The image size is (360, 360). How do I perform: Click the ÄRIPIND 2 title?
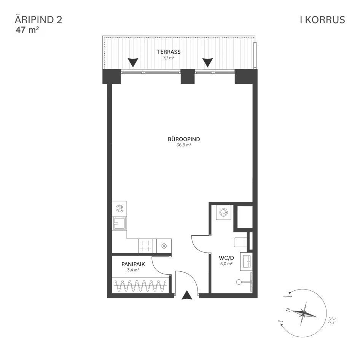pos(38,20)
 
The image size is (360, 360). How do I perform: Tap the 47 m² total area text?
pos(27,30)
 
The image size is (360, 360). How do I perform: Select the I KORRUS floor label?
pos(322,20)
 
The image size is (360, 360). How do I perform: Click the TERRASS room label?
pos(169,52)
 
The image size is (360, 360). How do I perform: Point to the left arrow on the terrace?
pos(133,62)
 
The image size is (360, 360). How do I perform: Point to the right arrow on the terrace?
pos(207,62)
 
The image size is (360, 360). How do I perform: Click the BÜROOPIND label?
pos(184,139)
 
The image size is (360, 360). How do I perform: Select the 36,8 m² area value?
pos(184,145)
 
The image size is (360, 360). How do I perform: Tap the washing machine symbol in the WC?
pos(223,212)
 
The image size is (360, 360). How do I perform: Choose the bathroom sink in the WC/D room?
pos(245,261)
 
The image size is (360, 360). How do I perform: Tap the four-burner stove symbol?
pos(145,245)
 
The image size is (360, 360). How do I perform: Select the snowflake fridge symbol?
pos(164,246)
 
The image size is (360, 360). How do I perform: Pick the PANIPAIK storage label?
pos(133,264)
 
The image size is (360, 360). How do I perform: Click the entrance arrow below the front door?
pos(186,295)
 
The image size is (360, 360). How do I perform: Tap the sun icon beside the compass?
pos(332,321)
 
